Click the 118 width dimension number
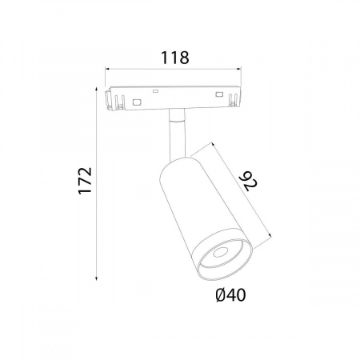175,58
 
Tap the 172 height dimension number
86,181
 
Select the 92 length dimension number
248,182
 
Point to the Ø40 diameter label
231,295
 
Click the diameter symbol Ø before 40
222,295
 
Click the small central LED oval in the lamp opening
221,252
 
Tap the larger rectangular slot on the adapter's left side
138,102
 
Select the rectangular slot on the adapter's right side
219,94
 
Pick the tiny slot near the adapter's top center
155,91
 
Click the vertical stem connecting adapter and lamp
177,134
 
